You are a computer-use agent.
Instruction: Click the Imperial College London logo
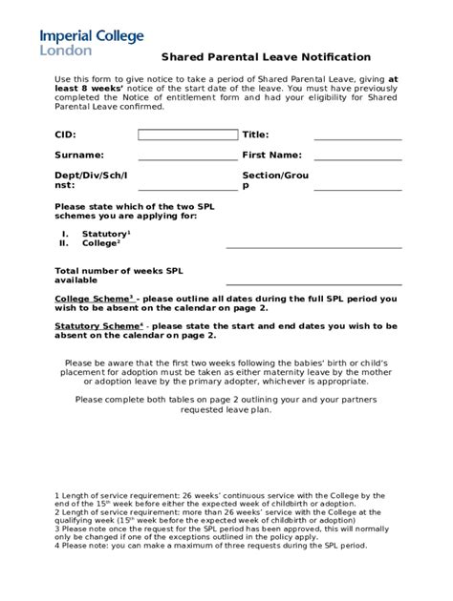[92, 41]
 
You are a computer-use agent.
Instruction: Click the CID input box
[187, 135]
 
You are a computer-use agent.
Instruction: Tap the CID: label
[65, 135]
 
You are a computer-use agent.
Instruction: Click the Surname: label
[79, 155]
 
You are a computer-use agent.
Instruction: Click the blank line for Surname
[187, 159]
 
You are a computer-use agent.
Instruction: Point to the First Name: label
[271, 155]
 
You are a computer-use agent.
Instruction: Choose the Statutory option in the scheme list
[105, 234]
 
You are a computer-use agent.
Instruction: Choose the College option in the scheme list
[99, 243]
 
